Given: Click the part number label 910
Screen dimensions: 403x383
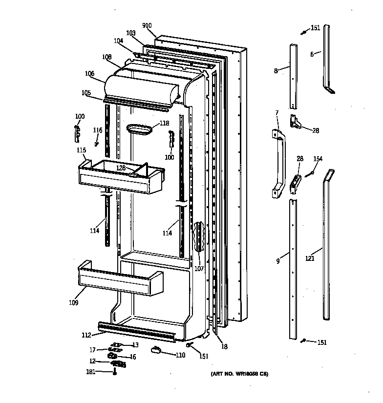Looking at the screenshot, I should [x=147, y=25].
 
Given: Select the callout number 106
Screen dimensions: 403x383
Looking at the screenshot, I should [x=89, y=74].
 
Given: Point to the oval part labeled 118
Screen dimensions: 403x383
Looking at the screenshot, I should [x=139, y=129].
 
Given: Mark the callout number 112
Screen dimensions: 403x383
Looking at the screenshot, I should [x=86, y=335].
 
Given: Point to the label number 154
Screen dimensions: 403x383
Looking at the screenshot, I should [x=318, y=159].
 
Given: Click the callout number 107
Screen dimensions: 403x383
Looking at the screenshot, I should [x=199, y=268].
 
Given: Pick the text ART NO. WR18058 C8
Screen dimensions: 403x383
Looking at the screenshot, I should [x=239, y=374].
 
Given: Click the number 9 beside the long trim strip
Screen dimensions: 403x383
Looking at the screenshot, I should [x=277, y=261].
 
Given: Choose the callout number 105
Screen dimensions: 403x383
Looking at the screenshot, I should [x=86, y=93].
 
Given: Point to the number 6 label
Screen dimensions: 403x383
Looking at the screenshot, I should [x=312, y=54].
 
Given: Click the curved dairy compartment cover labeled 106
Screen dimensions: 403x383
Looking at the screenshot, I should [x=142, y=88].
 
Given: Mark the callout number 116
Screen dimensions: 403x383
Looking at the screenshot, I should [x=98, y=130].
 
